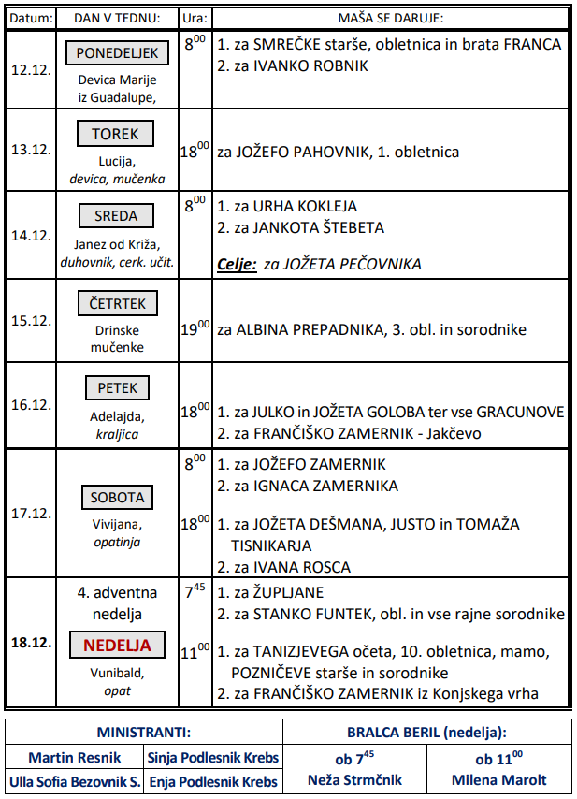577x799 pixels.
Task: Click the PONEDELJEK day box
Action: click(x=118, y=53)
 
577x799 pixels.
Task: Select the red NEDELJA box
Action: click(x=118, y=645)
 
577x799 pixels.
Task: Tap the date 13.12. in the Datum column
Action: click(x=31, y=151)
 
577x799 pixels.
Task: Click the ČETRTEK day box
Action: click(x=118, y=303)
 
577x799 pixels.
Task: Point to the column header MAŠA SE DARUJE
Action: click(x=390, y=18)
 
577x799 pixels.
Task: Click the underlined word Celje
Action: click(x=236, y=265)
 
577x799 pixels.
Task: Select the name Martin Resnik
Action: click(x=73, y=757)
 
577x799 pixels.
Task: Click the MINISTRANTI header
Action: click(x=144, y=733)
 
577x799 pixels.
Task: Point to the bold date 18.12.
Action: click(x=31, y=645)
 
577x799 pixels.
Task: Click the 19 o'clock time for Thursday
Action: click(x=195, y=329)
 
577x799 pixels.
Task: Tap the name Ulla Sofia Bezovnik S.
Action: click(x=74, y=781)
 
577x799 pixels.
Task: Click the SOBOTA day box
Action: click(x=118, y=498)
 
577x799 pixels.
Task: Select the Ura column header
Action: click(x=195, y=18)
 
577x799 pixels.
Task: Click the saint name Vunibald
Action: click(x=118, y=673)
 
